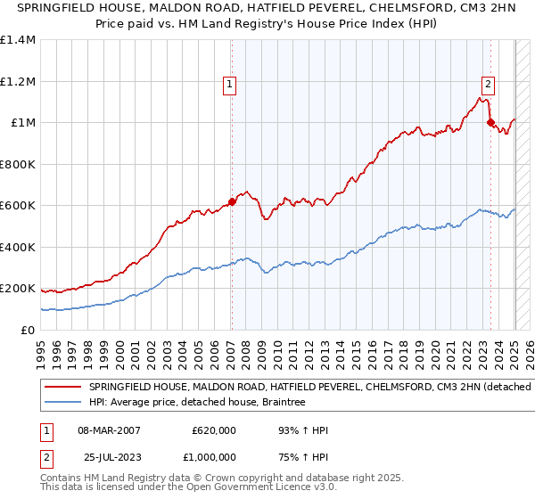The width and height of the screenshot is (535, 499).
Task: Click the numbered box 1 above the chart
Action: click(229, 85)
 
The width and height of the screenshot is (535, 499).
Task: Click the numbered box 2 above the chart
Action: click(489, 85)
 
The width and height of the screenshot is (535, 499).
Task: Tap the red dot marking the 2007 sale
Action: click(232, 201)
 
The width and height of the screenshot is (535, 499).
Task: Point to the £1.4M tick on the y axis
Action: click(18, 40)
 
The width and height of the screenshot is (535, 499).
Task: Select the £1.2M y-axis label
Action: click(18, 81)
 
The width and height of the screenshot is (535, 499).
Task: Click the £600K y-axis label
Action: click(18, 205)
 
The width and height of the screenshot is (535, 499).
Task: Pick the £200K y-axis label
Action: click(18, 289)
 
